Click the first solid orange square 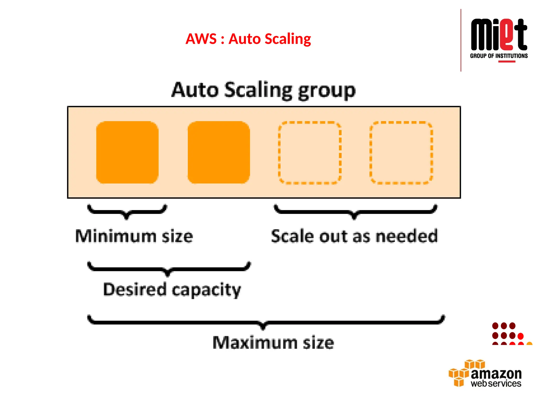coord(127,152)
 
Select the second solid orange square coord(219,152)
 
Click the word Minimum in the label coord(116,236)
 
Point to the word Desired coord(135,289)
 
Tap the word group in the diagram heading coord(327,91)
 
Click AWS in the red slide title coord(201,39)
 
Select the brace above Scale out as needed coord(355,211)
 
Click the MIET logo coord(499,35)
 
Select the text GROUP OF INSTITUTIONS coord(499,56)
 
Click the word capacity coord(206,290)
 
